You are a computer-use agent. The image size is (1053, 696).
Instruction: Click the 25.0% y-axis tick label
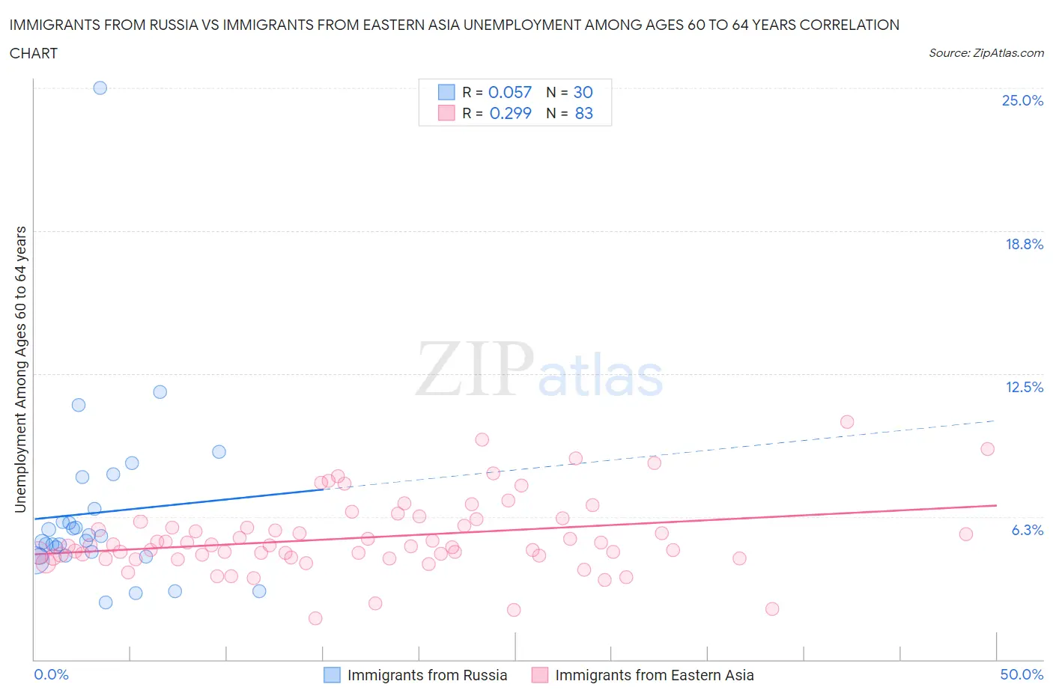click(x=1022, y=101)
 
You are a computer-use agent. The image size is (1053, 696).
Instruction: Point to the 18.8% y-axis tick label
click(x=1024, y=244)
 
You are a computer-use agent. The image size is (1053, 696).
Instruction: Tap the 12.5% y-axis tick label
click(x=1024, y=387)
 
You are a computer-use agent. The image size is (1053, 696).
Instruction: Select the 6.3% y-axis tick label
click(x=1027, y=530)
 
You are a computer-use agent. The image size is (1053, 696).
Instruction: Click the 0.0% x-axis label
click(x=51, y=674)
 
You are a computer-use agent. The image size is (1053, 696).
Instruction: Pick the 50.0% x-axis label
click(x=1022, y=674)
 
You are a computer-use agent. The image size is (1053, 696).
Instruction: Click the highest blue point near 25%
click(x=100, y=88)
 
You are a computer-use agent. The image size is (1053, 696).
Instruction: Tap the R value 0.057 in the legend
click(x=510, y=92)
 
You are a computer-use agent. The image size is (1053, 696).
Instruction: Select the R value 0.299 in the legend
click(x=510, y=113)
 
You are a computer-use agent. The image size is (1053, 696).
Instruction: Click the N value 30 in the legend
click(x=583, y=92)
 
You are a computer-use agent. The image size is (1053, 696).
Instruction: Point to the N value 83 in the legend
click(x=583, y=113)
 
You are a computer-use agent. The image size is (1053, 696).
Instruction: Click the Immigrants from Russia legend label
click(x=427, y=675)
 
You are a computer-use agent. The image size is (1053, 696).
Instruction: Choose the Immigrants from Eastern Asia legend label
click(x=654, y=675)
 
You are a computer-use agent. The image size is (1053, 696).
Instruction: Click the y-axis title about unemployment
click(x=21, y=369)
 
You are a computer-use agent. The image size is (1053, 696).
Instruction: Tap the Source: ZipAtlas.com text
click(x=986, y=53)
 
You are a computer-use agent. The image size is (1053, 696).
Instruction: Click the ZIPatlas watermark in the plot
click(x=539, y=369)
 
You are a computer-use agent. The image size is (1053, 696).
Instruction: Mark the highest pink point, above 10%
click(x=847, y=422)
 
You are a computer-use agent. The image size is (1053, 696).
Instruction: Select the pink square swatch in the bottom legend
click(x=539, y=675)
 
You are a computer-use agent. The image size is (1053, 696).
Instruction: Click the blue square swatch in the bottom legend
click(x=332, y=675)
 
